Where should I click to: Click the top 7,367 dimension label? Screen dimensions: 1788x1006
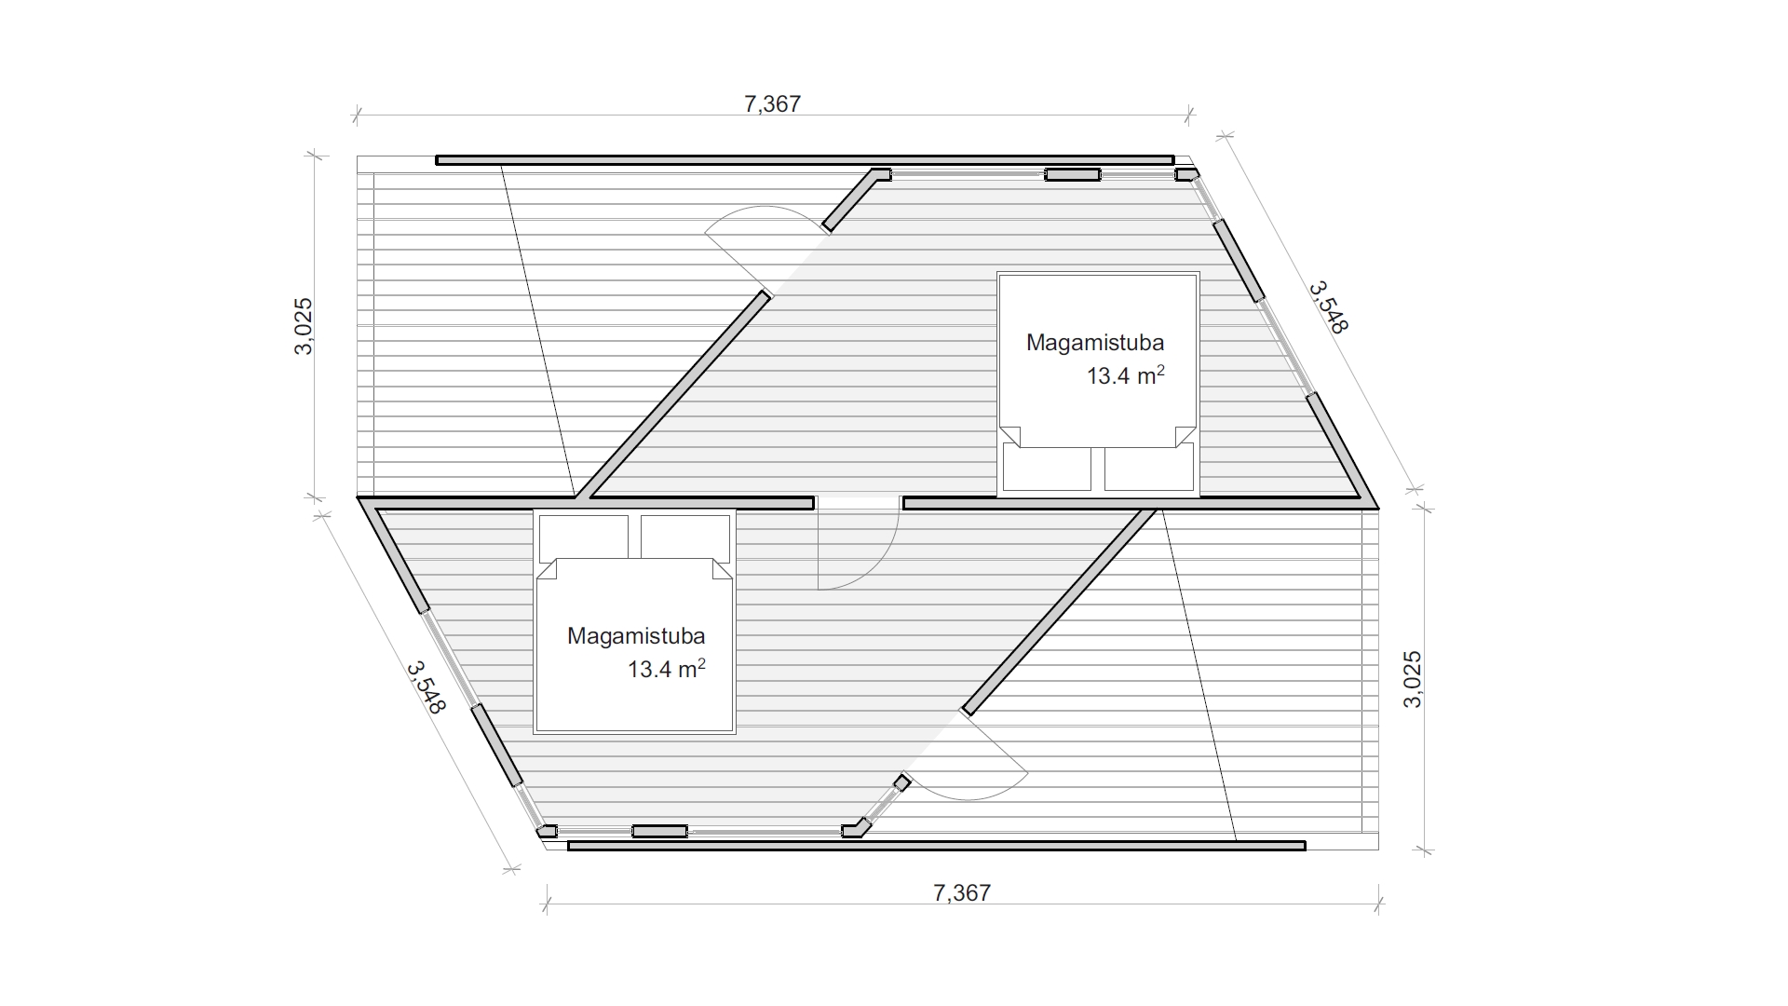(x=772, y=103)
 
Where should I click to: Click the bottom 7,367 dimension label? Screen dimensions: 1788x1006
(x=962, y=893)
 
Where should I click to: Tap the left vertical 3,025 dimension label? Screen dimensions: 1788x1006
(x=305, y=326)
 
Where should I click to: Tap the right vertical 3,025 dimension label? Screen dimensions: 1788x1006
(x=1412, y=679)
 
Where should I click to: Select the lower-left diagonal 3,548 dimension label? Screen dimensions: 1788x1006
(x=427, y=687)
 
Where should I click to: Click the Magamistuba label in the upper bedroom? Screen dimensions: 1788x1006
(x=1095, y=343)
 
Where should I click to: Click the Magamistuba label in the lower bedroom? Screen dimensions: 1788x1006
(x=636, y=636)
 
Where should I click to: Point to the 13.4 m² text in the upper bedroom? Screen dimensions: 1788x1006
(x=1126, y=375)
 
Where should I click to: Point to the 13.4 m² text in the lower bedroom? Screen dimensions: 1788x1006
(x=667, y=669)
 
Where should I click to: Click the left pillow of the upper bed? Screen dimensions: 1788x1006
(x=1047, y=468)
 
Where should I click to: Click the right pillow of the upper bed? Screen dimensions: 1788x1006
(x=1149, y=468)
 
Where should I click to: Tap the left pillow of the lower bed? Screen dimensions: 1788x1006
(x=584, y=538)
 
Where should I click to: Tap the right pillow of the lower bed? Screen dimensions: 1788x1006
(x=685, y=538)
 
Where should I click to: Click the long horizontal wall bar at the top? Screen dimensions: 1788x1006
(x=806, y=160)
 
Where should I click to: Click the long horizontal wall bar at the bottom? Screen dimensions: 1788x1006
(x=937, y=846)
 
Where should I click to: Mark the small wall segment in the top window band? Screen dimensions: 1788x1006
(x=1072, y=174)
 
